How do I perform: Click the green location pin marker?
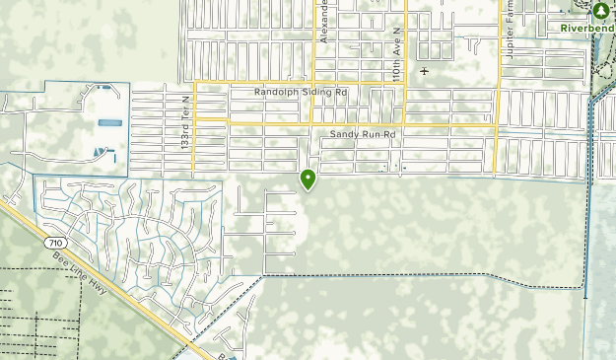point(308,180)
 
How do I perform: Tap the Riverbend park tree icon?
point(600,11)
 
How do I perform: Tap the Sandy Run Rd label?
point(362,133)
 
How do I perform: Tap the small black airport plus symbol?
point(425,71)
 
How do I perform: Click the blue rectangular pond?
point(109,123)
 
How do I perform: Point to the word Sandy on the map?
point(344,133)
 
